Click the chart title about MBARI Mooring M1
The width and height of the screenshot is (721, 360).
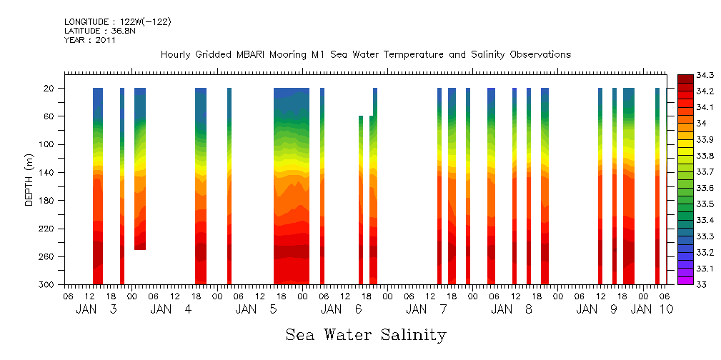365,55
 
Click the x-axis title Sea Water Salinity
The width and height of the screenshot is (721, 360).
366,334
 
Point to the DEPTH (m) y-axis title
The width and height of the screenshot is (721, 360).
29,186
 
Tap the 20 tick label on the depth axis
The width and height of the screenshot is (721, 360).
49,89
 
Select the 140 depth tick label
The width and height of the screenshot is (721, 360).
47,173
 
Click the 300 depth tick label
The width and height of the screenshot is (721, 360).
47,285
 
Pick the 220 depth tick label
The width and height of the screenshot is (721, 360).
47,229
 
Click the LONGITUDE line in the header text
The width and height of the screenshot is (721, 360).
117,22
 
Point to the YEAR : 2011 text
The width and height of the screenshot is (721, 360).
90,40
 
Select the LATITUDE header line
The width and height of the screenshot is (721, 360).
99,31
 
